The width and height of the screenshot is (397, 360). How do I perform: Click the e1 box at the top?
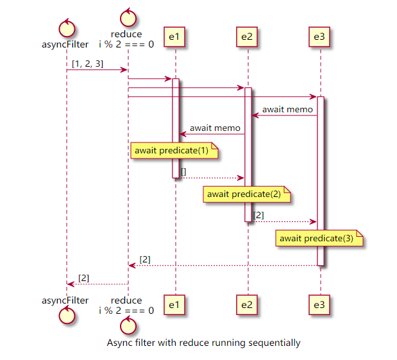[x=174, y=37]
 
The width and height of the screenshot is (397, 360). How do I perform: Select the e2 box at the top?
[x=247, y=37]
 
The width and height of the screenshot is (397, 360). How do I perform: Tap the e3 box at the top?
[x=319, y=37]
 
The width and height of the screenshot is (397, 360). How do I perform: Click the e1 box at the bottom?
[x=174, y=305]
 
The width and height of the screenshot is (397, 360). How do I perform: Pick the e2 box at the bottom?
[x=247, y=305]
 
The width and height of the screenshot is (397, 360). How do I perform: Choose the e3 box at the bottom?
[x=319, y=305]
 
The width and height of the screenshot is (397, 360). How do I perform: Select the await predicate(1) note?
[x=174, y=151]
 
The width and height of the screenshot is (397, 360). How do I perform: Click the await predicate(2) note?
[x=247, y=194]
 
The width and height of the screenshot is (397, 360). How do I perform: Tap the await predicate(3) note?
[x=319, y=238]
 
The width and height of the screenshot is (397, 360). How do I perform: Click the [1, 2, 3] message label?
[x=88, y=64]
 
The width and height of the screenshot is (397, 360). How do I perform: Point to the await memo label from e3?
[x=287, y=110]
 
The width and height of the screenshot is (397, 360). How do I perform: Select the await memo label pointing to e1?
[x=215, y=128]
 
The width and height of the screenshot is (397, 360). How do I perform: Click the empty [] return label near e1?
[x=183, y=172]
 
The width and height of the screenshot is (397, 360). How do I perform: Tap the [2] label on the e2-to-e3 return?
[x=258, y=216]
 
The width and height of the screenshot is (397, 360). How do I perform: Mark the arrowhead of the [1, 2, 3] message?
[x=124, y=70]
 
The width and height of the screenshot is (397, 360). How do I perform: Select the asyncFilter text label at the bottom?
[x=65, y=300]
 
